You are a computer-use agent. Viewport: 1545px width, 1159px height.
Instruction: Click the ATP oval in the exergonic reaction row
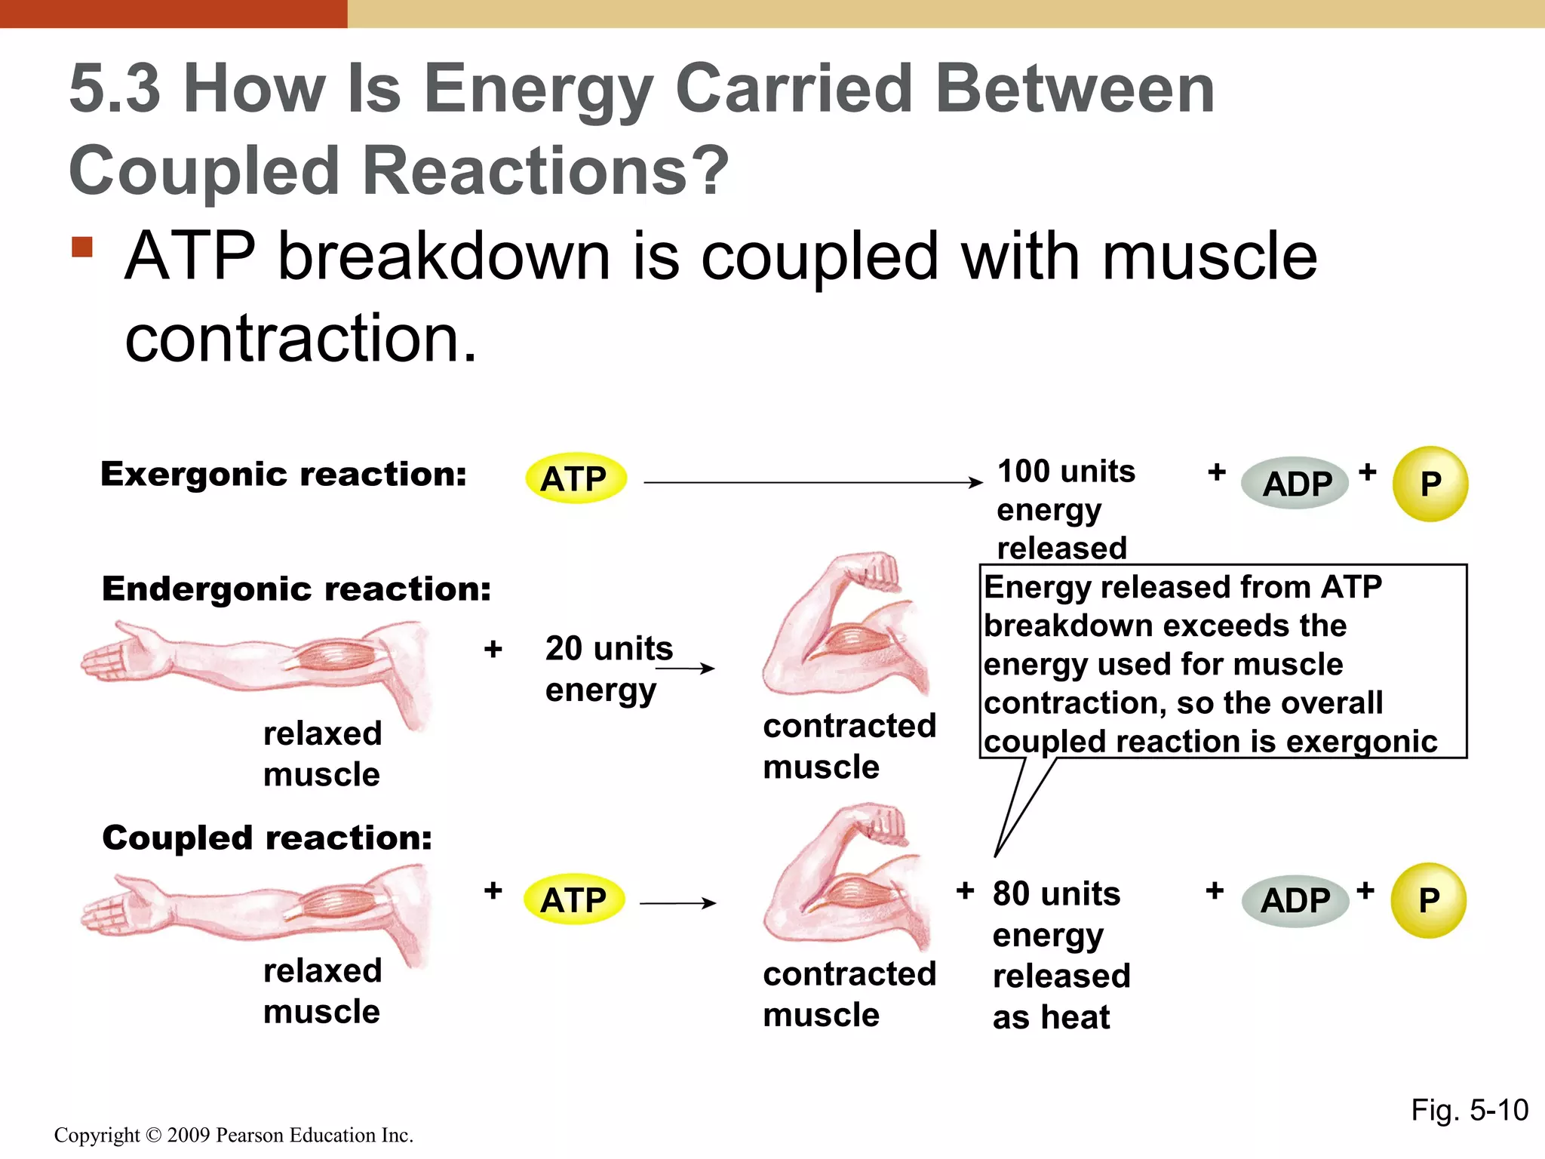(x=576, y=479)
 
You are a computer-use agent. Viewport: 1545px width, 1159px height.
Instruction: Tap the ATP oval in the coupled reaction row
(x=574, y=899)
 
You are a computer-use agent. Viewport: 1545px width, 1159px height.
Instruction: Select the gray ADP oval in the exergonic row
(x=1295, y=484)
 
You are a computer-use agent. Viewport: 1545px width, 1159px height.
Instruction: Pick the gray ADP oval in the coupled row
(x=1295, y=900)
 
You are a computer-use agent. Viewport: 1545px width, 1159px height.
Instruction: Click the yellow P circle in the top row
(x=1430, y=484)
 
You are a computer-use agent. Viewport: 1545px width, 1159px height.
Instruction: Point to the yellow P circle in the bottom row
(x=1428, y=900)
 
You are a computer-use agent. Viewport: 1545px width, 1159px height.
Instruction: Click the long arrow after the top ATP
(x=812, y=482)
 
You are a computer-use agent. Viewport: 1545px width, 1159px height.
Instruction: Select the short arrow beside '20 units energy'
(x=685, y=668)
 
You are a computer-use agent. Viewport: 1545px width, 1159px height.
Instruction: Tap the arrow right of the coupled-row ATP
(x=677, y=902)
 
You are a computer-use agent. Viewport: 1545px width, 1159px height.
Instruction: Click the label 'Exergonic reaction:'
(x=284, y=475)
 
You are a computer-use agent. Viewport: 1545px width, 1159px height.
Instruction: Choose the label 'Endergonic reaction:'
(x=296, y=589)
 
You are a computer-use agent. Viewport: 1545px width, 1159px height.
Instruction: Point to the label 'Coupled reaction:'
(x=267, y=838)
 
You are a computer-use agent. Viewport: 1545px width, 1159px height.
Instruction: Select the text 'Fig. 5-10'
(x=1469, y=1110)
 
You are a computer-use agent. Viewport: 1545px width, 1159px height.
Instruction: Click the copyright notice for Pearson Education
(x=234, y=1135)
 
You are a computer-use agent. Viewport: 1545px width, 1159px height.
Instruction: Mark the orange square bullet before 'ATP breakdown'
(x=82, y=247)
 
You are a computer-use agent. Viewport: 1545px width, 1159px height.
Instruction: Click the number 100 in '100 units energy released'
(x=1021, y=472)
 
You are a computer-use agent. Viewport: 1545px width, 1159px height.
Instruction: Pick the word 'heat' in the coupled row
(x=1076, y=1017)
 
